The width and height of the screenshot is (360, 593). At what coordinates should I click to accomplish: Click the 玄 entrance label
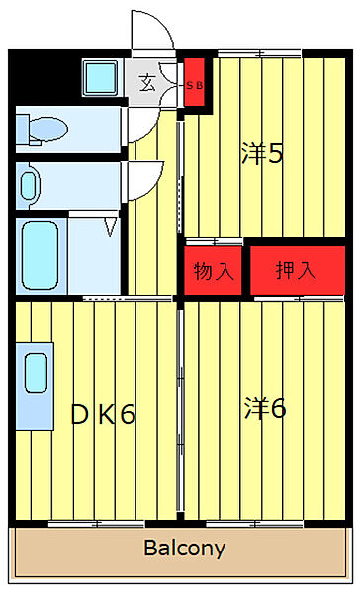click(147, 83)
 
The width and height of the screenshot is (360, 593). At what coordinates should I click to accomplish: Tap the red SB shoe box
click(195, 83)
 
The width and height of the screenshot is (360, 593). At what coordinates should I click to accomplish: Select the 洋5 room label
click(262, 154)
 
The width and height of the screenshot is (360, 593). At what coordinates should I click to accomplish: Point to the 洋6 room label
click(265, 407)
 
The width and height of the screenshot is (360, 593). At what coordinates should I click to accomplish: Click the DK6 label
click(102, 415)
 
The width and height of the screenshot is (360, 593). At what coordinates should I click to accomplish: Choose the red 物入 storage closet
click(214, 270)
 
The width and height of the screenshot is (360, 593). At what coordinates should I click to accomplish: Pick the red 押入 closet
click(296, 270)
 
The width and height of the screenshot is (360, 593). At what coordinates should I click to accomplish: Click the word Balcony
click(184, 548)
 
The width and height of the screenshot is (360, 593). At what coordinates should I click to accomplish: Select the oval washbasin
click(29, 183)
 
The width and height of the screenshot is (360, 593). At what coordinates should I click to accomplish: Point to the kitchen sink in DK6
click(34, 376)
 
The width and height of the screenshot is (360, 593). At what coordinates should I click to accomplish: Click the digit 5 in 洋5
click(278, 154)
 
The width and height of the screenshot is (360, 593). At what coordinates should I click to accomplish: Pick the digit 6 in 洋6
click(278, 407)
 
